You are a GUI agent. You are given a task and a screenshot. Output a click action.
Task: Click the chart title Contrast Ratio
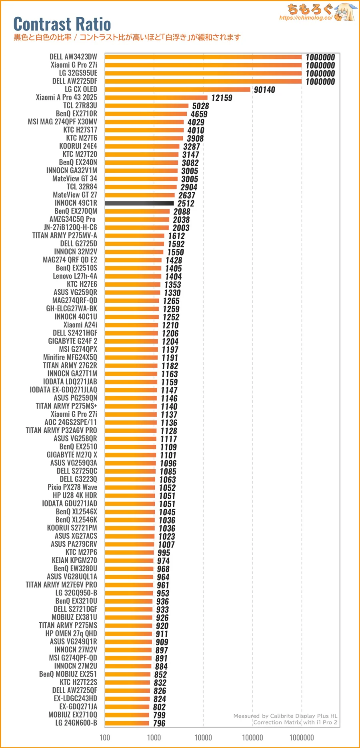point(62,24)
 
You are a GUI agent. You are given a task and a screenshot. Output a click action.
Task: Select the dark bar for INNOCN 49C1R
point(139,203)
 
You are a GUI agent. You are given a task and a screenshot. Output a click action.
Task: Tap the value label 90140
point(264,90)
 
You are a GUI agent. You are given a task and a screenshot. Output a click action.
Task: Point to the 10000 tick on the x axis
point(203,737)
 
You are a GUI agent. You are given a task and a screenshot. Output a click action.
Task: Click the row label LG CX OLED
point(81,89)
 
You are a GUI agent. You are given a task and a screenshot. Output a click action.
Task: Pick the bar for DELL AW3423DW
point(203,57)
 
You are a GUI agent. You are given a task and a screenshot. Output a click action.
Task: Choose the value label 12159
point(222,98)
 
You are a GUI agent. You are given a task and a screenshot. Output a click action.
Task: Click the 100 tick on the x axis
point(105,737)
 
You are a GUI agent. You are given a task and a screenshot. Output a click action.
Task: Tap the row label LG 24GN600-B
point(76,723)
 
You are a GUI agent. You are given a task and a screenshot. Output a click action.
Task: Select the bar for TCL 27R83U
point(146,106)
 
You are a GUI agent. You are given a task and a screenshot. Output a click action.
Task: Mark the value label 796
point(159,723)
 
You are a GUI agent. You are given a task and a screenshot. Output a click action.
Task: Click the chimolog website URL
point(306,18)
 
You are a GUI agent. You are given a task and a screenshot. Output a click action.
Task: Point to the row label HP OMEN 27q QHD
point(71,633)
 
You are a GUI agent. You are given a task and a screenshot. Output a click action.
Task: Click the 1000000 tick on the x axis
point(302,737)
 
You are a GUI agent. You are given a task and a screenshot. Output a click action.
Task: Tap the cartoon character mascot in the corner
point(345,12)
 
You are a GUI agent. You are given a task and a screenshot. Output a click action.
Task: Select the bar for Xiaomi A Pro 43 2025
point(156,98)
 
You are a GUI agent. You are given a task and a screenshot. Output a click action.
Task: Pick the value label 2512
point(186,204)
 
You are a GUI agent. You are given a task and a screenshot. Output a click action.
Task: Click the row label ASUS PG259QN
point(75,398)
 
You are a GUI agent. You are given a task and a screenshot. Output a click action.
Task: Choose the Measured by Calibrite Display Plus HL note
point(285,716)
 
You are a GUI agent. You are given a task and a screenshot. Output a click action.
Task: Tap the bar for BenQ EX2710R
point(146,114)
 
